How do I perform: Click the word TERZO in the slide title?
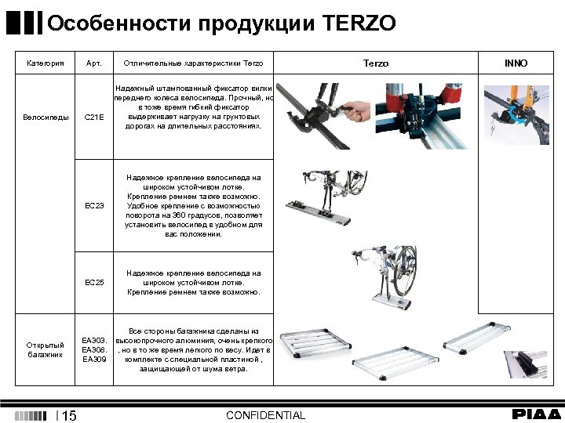[x=359, y=23]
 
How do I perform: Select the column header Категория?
[x=45, y=63]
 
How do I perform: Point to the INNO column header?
[x=516, y=63]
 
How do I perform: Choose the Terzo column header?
[x=376, y=63]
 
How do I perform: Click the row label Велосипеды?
[x=45, y=117]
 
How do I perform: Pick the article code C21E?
[x=93, y=117]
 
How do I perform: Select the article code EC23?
[x=93, y=205]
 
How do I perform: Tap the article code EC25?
[x=93, y=282]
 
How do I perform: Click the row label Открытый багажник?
[x=45, y=349]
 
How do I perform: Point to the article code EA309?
[x=93, y=360]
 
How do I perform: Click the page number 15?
[x=69, y=415]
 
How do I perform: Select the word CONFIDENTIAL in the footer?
[x=265, y=415]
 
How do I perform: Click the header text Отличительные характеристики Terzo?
[x=194, y=63]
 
